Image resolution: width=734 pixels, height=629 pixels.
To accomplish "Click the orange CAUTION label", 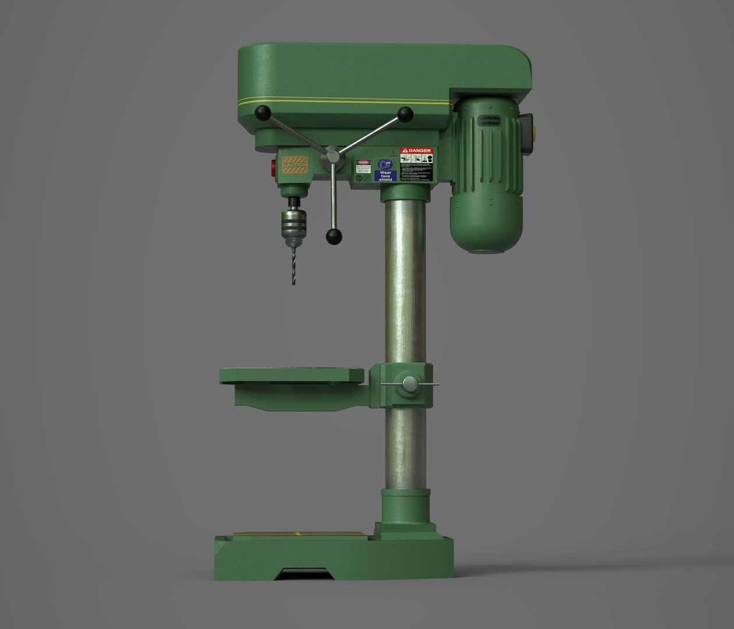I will [295, 164].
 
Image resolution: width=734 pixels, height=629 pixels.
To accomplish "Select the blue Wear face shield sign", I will [385, 170].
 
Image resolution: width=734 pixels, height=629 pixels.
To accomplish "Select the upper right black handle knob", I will [405, 113].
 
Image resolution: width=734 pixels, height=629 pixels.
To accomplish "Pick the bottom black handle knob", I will [334, 236].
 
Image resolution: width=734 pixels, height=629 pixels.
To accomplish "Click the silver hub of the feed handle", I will [332, 156].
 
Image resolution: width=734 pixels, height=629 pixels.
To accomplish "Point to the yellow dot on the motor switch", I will [536, 123].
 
